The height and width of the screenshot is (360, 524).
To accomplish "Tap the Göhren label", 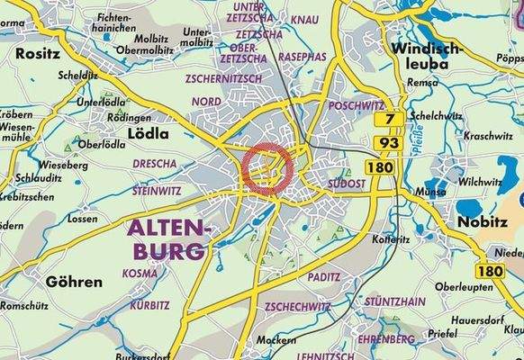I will pos(74,282).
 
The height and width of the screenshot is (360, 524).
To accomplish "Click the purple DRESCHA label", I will pos(154,165).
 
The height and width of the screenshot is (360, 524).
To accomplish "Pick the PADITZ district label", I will pos(322,277).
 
